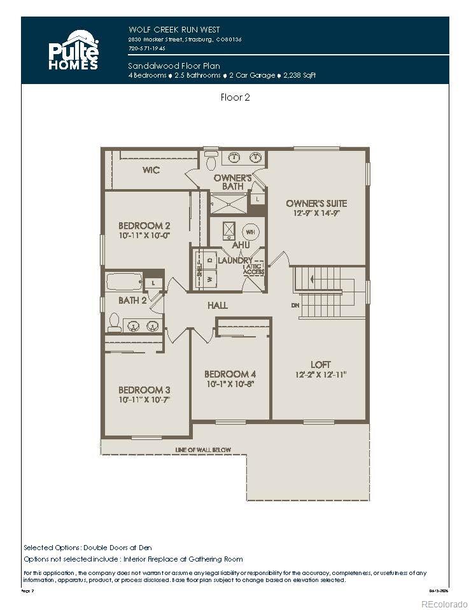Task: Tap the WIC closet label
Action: point(151,170)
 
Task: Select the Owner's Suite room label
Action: point(316,203)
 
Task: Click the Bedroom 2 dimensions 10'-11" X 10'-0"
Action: point(144,236)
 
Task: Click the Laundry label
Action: point(235,260)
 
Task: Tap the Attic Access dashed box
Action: point(253,269)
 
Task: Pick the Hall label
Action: point(217,306)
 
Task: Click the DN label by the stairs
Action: point(295,306)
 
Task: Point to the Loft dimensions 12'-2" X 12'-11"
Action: point(321,374)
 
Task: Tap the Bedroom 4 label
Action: point(230,374)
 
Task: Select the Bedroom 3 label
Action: point(144,390)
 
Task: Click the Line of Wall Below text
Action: point(203,450)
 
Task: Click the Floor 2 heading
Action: point(235,97)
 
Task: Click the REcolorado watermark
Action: point(444,603)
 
